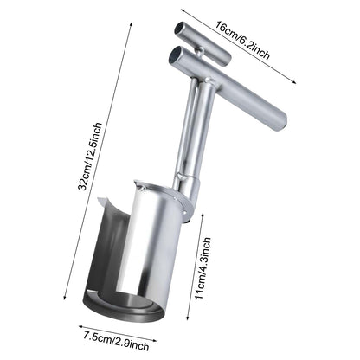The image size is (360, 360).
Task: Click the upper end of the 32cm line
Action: click(x=132, y=23)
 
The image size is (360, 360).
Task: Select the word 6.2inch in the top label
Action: click(x=256, y=47)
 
